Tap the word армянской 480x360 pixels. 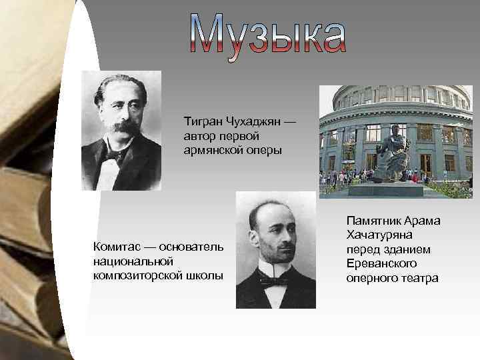coord(215,150)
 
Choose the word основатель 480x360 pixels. coord(191,247)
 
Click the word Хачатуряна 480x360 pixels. coord(379,235)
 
